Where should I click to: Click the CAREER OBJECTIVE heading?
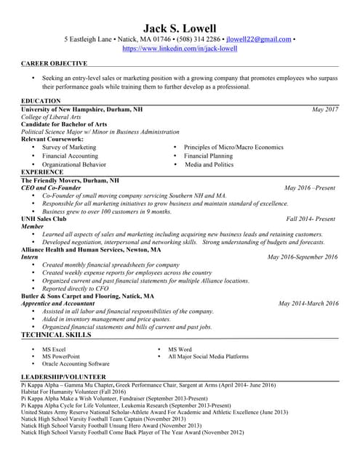[x=54, y=64]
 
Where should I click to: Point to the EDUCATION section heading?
[x=41, y=100]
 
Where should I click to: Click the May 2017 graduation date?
[x=325, y=109]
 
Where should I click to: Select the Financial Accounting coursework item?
[x=70, y=155]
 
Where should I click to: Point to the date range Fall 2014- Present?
[x=311, y=219]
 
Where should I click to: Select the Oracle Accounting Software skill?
[x=76, y=363]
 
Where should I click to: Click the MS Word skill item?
[x=180, y=349]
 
